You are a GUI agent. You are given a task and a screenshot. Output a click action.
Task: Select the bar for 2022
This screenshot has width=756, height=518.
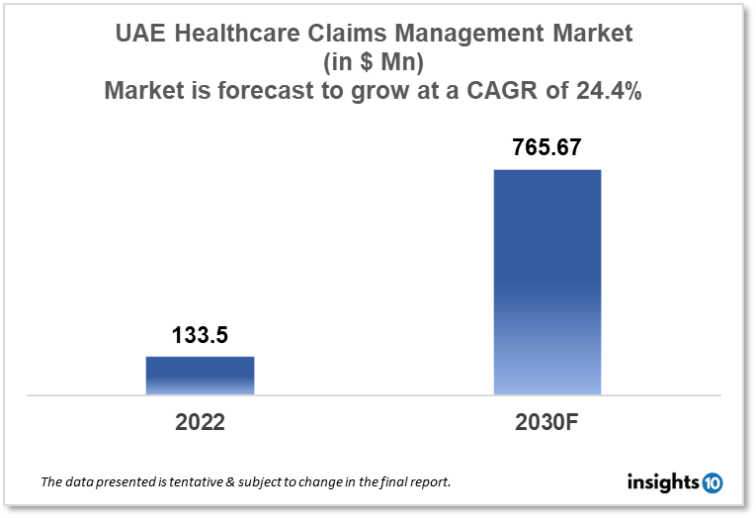pyautogui.click(x=200, y=376)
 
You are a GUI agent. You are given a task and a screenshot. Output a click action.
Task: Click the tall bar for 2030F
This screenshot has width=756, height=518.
pyautogui.click(x=546, y=282)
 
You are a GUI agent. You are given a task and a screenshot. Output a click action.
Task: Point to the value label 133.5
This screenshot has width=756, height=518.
pyautogui.click(x=200, y=336)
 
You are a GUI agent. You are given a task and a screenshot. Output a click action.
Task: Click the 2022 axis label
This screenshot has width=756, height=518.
pyautogui.click(x=200, y=422)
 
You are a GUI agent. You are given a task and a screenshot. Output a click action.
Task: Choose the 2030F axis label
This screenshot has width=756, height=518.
pyautogui.click(x=546, y=422)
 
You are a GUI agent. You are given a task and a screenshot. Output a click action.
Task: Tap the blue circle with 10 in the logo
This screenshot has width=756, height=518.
pyautogui.click(x=712, y=482)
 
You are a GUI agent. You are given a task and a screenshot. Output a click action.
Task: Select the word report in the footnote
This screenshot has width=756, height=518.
pyautogui.click(x=427, y=482)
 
